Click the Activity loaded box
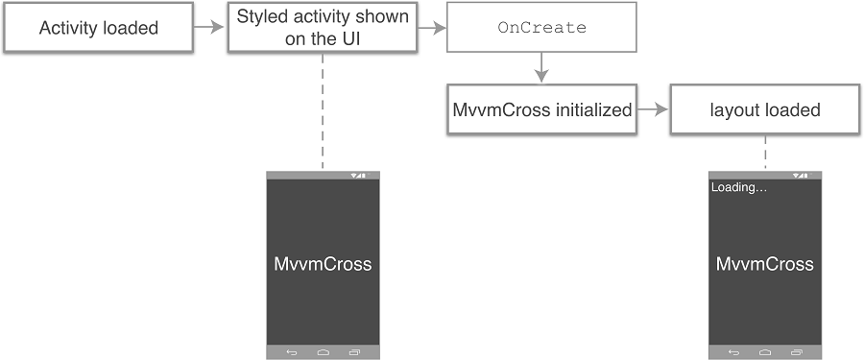coord(99,28)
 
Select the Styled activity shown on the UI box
coord(323,28)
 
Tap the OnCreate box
coord(541,28)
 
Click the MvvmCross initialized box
coord(541,109)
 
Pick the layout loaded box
coord(765,109)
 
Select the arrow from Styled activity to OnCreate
coord(433,28)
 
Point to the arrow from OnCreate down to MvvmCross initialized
coord(541,67)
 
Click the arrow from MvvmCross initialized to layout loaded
coord(653,109)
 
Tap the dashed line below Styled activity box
coord(323,110)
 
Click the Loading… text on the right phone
coord(738,187)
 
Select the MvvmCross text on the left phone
coord(323,264)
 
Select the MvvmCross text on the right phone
coord(765,264)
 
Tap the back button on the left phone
coord(292,352)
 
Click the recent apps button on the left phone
coord(354,352)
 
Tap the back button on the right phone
coord(734,352)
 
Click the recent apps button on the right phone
coord(797,352)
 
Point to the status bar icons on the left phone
coord(359,176)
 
